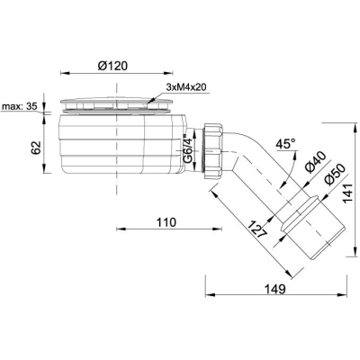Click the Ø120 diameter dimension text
(x=112, y=66)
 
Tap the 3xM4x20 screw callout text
(x=186, y=87)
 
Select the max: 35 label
(x=20, y=106)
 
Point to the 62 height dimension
(x=36, y=148)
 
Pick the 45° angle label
(x=285, y=144)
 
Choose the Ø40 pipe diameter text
(x=315, y=162)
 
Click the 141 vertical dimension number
(x=348, y=193)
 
